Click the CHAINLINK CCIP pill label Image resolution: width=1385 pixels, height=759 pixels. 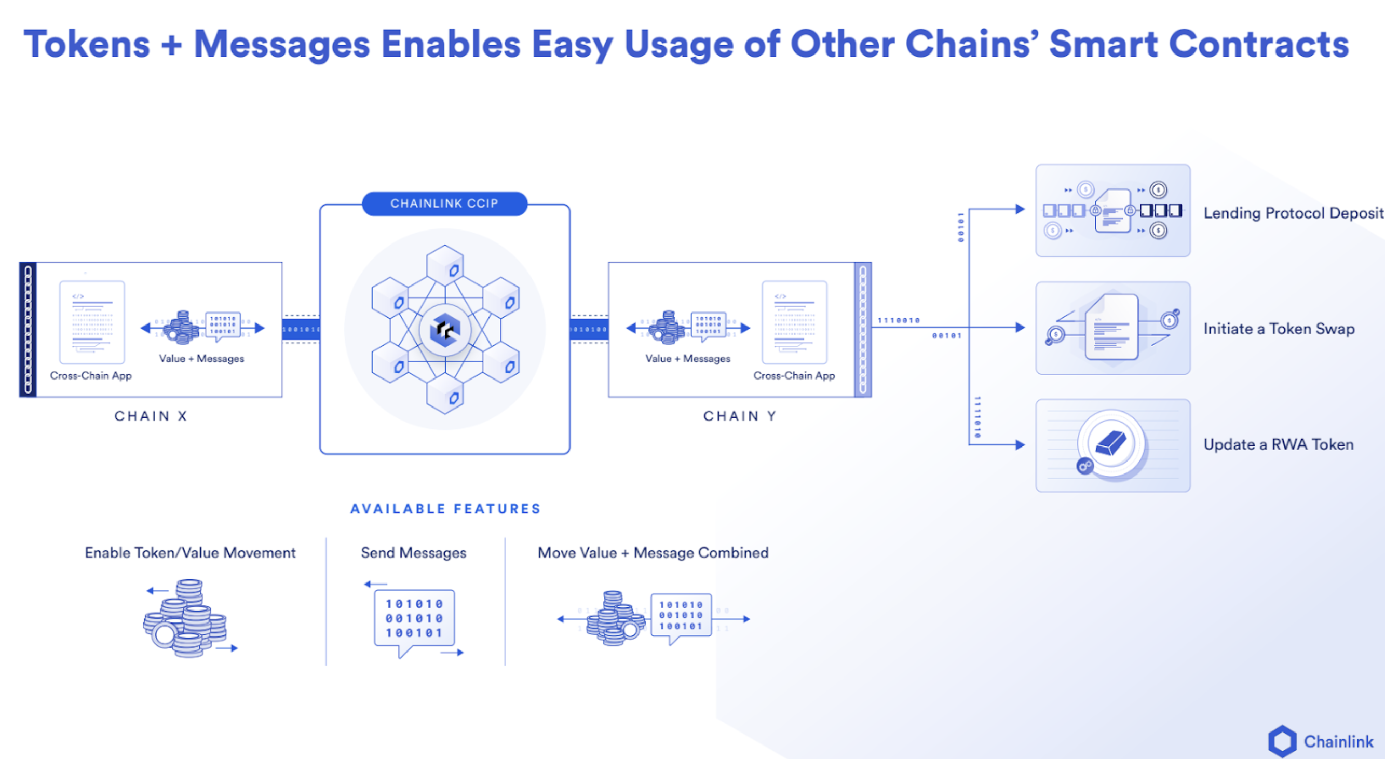[x=444, y=204]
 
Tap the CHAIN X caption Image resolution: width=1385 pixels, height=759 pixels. [x=151, y=416]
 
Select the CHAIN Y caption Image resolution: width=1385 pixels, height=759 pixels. [x=739, y=416]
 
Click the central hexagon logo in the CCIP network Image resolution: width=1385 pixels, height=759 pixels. [x=445, y=330]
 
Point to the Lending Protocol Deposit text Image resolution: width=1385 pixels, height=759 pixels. [x=1293, y=213]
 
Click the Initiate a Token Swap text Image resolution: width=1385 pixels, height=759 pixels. [x=1279, y=329]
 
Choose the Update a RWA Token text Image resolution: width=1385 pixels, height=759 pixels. [x=1278, y=444]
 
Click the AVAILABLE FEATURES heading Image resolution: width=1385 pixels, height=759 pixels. [x=445, y=508]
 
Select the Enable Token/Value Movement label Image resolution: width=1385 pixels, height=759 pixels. [x=191, y=552]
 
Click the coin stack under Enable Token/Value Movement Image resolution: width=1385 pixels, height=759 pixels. [x=185, y=619]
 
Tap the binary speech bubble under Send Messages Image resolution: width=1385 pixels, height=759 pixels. [x=414, y=619]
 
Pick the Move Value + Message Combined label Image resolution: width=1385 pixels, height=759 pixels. [x=653, y=552]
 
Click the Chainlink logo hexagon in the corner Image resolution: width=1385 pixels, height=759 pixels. [x=1282, y=741]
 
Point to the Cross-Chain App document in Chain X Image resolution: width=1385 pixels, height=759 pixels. [x=92, y=322]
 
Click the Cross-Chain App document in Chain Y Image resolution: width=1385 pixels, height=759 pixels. [x=794, y=322]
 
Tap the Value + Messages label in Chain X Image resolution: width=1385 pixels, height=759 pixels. [x=201, y=359]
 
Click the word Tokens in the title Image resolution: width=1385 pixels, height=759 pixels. [x=87, y=44]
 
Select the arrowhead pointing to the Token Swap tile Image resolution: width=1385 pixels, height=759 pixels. [x=1020, y=328]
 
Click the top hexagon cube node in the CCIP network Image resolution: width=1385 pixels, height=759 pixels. [x=445, y=265]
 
